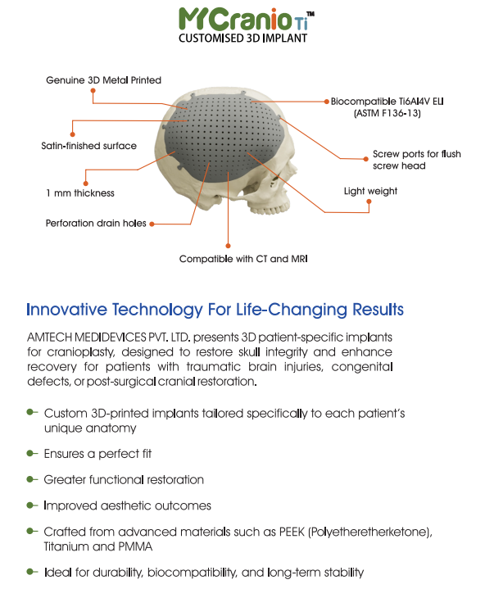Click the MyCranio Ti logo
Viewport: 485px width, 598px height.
243,17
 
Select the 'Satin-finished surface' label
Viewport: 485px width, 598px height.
88,146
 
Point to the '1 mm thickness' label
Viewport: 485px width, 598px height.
79,193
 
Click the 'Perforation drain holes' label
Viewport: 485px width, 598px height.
97,222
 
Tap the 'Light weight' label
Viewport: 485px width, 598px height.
370,191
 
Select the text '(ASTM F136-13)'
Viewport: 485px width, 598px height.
387,114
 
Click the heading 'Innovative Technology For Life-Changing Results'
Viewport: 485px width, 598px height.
215,310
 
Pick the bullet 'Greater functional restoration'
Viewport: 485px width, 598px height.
124,479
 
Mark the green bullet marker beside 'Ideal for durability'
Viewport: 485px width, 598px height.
32,571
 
